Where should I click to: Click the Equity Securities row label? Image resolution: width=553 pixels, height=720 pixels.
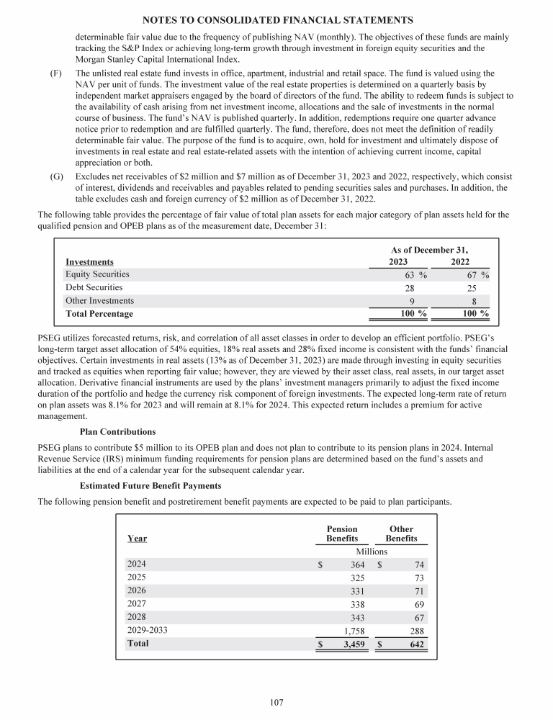pos(97,274)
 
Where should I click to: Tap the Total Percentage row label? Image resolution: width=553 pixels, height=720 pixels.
pos(99,314)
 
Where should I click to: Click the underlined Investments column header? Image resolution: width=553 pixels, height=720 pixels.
pos(89,261)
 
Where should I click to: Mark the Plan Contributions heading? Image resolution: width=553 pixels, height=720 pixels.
pos(117,432)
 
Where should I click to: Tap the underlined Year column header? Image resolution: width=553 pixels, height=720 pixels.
pos(137,538)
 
